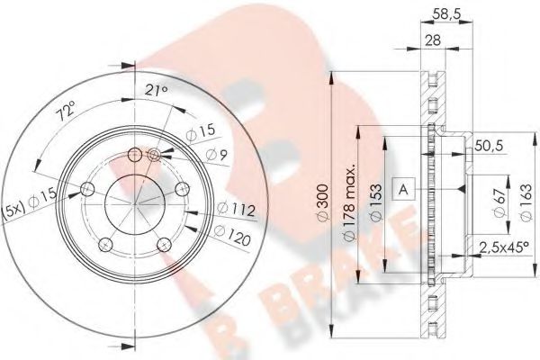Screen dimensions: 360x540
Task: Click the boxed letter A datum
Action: pyautogui.click(x=404, y=189)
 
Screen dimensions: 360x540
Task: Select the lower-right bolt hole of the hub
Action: pyautogui.click(x=163, y=244)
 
